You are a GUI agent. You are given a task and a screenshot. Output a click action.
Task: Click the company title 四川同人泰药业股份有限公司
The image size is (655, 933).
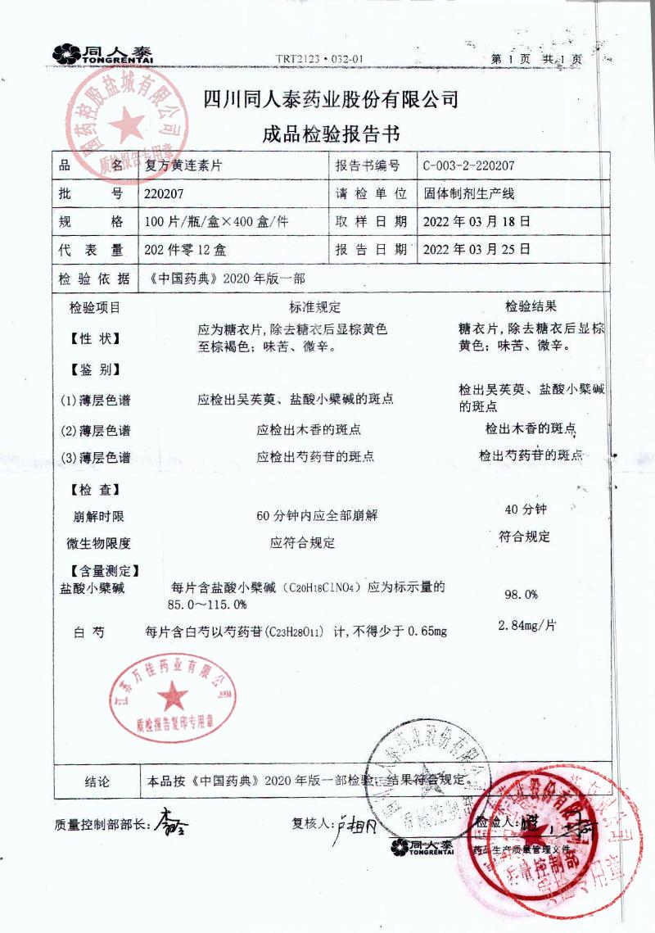click(x=330, y=101)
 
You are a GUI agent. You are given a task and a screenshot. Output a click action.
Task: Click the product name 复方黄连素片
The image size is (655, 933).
click(x=183, y=165)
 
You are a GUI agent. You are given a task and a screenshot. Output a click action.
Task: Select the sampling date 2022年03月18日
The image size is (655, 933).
click(x=476, y=221)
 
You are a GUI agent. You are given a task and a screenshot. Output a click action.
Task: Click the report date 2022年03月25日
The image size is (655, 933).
click(x=476, y=248)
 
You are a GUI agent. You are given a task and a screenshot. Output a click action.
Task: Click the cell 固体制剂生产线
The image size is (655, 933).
click(x=468, y=194)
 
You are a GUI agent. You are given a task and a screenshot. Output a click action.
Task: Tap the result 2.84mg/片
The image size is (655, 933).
click(x=527, y=626)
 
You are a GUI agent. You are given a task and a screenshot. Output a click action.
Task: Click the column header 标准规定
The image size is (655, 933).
click(x=314, y=308)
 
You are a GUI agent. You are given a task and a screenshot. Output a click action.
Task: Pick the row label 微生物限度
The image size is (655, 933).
click(x=98, y=543)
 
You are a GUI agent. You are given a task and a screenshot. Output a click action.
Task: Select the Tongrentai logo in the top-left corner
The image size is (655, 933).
click(x=102, y=54)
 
